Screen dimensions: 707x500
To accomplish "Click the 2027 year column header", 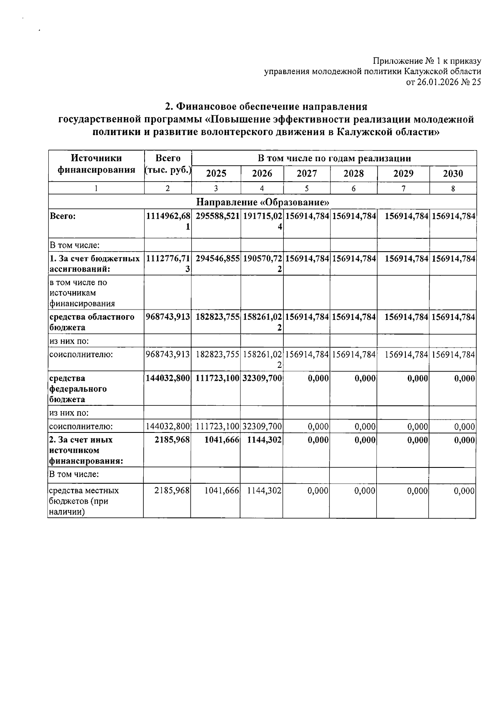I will (x=307, y=173).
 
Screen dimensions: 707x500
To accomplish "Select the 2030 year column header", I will (x=452, y=173).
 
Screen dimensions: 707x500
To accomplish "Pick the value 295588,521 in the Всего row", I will (x=216, y=216).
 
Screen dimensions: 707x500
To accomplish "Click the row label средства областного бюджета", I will (x=92, y=322).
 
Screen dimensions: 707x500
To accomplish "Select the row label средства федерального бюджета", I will (x=78, y=389).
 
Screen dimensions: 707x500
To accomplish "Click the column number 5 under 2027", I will (x=306, y=188).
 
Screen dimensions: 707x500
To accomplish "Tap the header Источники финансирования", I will (x=96, y=164).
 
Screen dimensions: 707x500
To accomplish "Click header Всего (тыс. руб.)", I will (x=168, y=164).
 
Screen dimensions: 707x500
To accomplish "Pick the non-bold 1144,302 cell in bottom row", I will (x=264, y=491).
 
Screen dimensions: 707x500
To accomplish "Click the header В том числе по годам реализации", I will (x=334, y=158).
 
